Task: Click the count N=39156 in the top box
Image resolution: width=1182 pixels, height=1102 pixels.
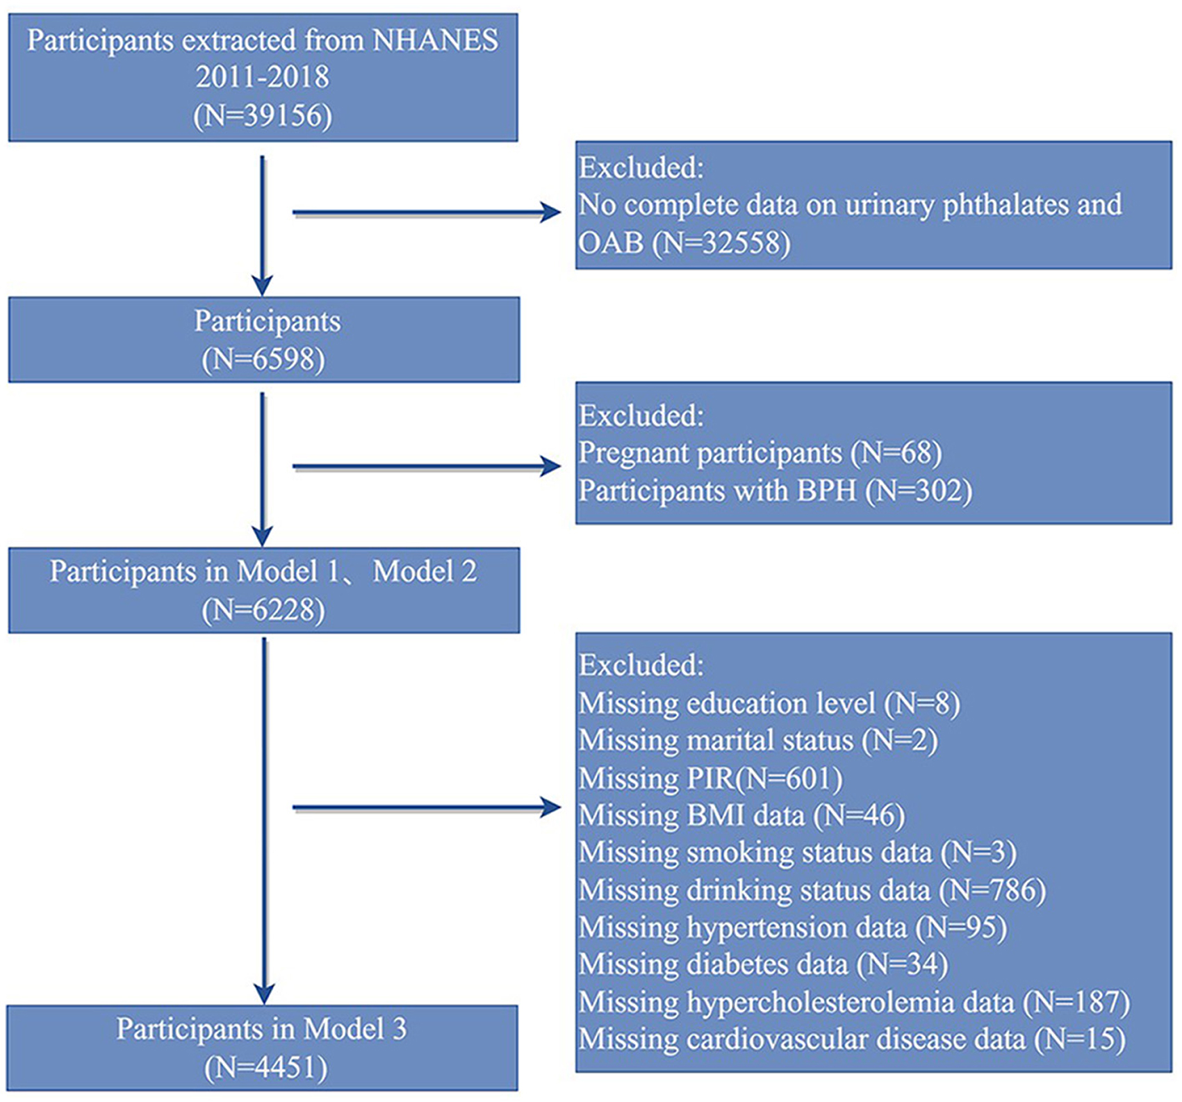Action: (263, 115)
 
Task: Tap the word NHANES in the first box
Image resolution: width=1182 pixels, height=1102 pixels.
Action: (436, 40)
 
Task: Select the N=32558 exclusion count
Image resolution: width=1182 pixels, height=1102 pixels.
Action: (721, 242)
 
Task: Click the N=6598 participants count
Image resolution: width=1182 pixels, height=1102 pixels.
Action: (263, 359)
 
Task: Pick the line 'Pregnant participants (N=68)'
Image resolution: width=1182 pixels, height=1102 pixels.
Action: (760, 453)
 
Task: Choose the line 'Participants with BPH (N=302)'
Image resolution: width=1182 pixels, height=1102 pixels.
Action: (775, 491)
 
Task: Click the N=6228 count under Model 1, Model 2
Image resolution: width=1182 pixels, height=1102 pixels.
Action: (263, 610)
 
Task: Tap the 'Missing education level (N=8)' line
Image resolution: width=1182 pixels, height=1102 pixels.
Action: (769, 703)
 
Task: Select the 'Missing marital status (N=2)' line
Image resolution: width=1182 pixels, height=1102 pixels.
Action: (758, 740)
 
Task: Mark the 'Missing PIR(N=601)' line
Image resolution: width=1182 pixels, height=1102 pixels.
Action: (710, 778)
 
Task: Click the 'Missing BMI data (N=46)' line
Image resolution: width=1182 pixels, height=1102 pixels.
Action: (742, 815)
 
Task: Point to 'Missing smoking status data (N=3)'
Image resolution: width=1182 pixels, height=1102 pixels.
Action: (798, 853)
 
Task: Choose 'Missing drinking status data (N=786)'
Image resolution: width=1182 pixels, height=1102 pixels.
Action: (812, 890)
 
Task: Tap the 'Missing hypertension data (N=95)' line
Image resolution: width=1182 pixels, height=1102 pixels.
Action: (793, 928)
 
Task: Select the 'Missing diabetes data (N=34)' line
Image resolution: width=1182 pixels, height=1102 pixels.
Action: (764, 964)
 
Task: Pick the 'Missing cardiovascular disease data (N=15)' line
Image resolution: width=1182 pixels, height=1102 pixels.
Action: (852, 1039)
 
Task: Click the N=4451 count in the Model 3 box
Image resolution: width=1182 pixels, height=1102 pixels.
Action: (265, 1068)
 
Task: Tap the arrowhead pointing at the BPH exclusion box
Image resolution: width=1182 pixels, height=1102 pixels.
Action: (551, 466)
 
